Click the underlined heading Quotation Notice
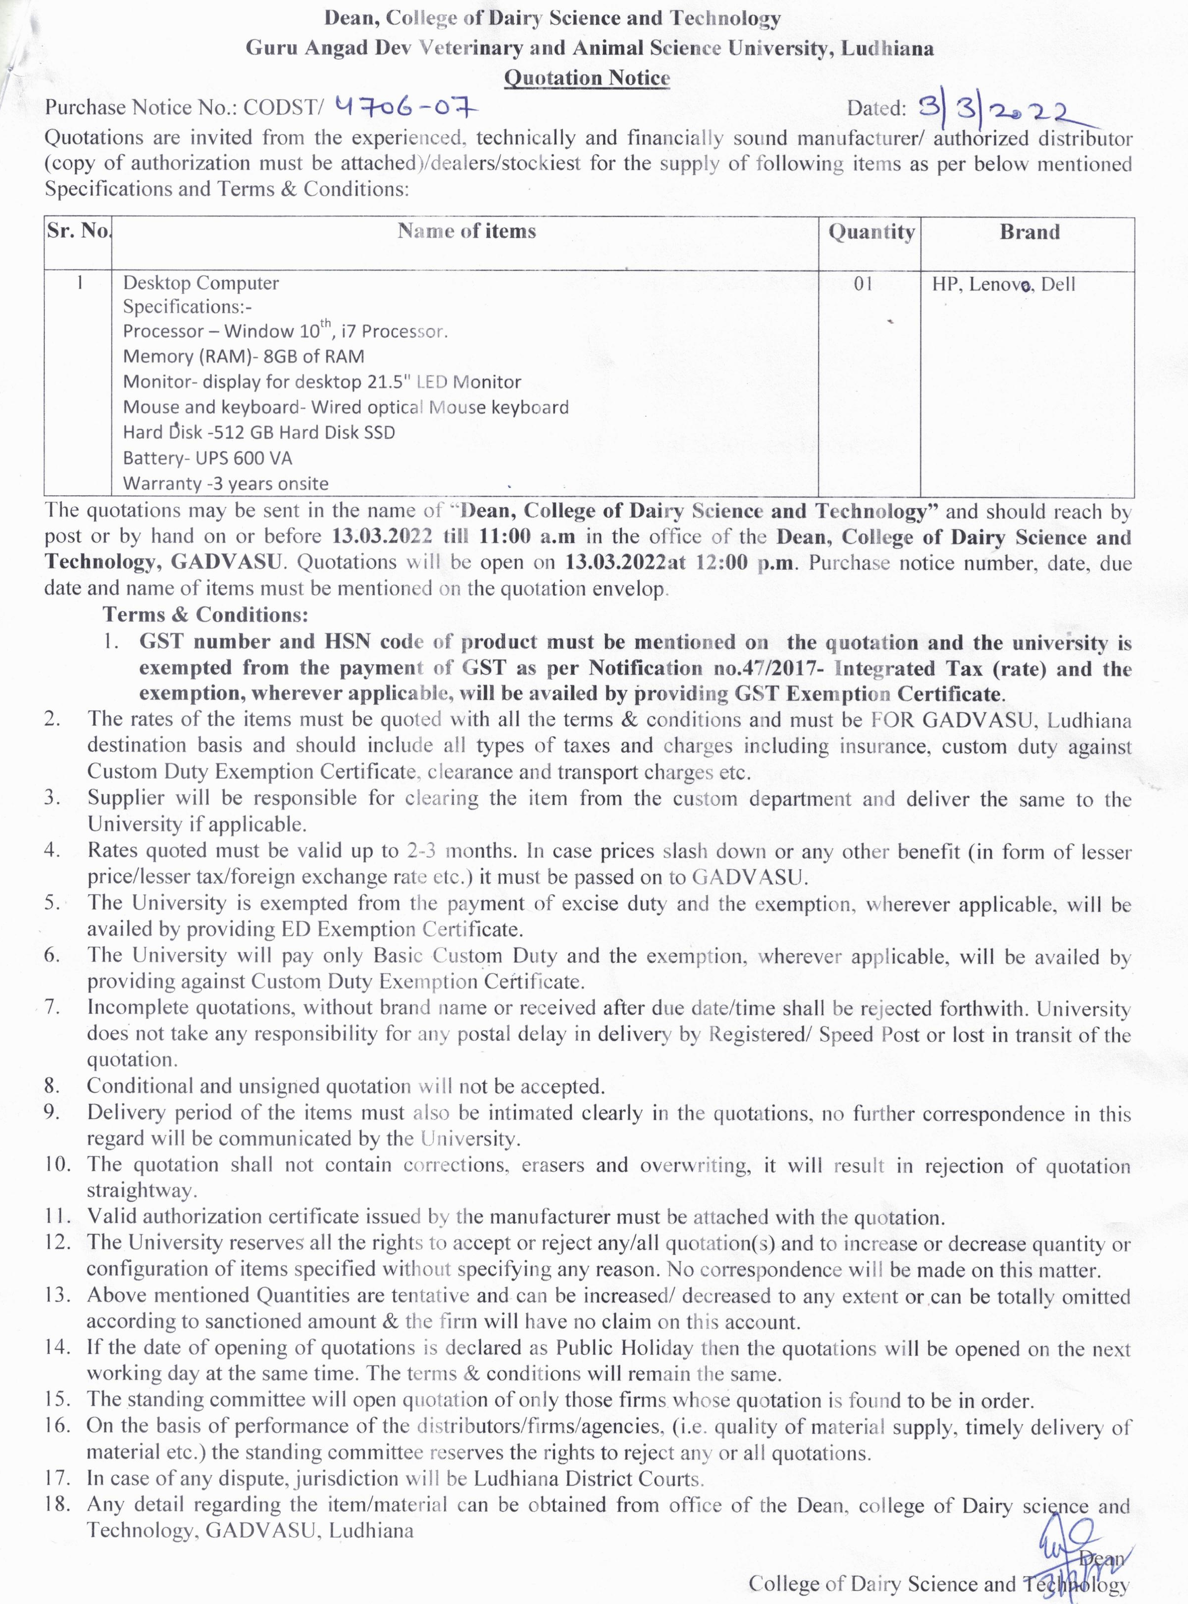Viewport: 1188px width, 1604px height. [x=587, y=77]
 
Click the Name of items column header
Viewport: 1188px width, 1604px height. [x=467, y=231]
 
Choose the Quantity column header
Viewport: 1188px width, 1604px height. [x=871, y=231]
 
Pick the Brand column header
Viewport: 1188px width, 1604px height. [x=1029, y=231]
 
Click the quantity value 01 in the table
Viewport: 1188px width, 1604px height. [x=863, y=284]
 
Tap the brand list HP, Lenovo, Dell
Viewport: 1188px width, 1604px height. [x=1003, y=285]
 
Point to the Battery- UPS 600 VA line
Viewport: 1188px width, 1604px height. [x=207, y=458]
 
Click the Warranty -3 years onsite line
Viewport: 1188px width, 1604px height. [x=225, y=483]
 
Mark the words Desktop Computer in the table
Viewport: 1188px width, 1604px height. [x=201, y=283]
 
